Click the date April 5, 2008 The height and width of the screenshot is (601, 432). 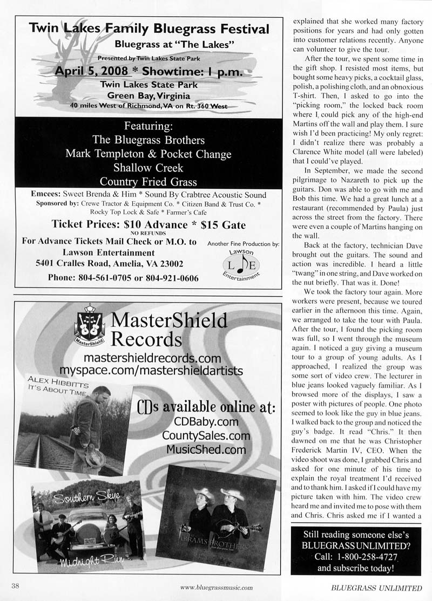(91, 72)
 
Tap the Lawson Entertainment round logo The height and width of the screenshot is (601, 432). (243, 266)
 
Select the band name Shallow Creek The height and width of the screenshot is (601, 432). (148, 167)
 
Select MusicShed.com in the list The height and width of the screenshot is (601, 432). (206, 449)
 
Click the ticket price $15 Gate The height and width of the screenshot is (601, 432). (219, 224)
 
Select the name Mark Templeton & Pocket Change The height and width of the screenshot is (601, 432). (148, 153)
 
